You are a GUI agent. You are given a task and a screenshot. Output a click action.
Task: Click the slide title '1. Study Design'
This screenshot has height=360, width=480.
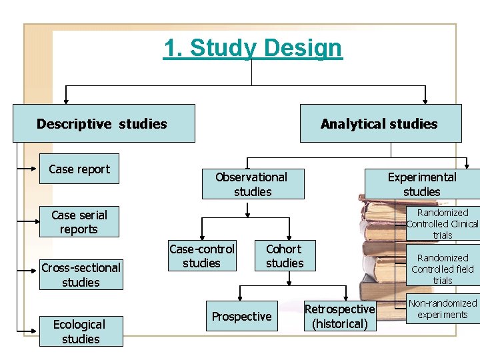pos(253,48)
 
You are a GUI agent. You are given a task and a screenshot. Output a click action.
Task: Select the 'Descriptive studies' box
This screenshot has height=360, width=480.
pos(103,123)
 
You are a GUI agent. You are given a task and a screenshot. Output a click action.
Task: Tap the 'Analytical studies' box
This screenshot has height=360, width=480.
pos(379,123)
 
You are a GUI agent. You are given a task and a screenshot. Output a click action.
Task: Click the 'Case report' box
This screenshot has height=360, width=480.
pos(79,169)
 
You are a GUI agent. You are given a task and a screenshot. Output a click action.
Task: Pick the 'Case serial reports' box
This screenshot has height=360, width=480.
pos(79,222)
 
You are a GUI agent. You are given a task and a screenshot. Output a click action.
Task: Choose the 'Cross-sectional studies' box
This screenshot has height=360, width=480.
pos(81,275)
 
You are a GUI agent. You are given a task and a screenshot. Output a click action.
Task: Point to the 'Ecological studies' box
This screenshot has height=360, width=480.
pos(80,331)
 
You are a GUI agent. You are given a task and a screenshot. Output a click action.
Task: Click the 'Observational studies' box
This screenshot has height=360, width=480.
pos(252,184)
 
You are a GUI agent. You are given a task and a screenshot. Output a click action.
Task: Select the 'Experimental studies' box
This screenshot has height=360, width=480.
pos(421,184)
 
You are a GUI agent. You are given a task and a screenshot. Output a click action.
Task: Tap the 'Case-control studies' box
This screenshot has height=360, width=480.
pos(201,256)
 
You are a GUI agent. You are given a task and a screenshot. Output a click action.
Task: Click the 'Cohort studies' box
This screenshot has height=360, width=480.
pos(285,256)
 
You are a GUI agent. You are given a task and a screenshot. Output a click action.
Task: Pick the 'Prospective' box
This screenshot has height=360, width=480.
pos(241,317)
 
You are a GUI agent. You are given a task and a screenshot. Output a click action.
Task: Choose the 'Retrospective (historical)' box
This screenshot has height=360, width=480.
pos(339,317)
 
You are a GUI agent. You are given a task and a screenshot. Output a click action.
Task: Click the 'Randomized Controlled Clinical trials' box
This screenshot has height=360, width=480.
pos(443,224)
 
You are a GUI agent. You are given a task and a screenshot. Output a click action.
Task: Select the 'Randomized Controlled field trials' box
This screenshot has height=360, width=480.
pos(443,269)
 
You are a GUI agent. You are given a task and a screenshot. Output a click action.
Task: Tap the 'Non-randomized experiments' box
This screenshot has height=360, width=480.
pos(443,309)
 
